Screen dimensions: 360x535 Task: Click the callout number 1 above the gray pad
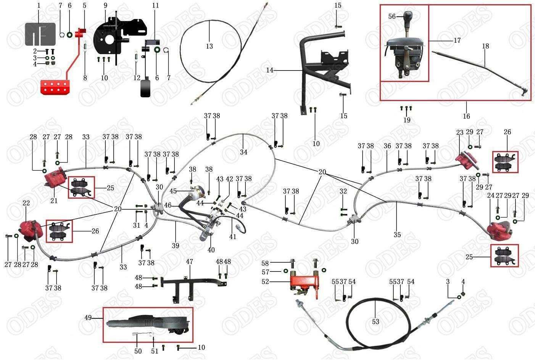pyautogui.click(x=39, y=5)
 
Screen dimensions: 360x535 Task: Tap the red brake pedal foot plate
pyautogui.click(x=55, y=87)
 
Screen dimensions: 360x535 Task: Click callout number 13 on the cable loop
pyautogui.click(x=209, y=46)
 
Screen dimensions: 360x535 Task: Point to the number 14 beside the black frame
pyautogui.click(x=270, y=70)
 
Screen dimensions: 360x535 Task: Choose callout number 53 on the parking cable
pyautogui.click(x=375, y=321)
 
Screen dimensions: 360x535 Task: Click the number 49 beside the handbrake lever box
pyautogui.click(x=88, y=318)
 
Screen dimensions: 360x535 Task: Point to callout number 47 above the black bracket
pyautogui.click(x=189, y=262)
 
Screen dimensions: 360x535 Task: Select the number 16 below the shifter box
pyautogui.click(x=466, y=116)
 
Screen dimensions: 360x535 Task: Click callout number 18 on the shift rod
pyautogui.click(x=485, y=46)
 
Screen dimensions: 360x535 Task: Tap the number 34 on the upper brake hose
pyautogui.click(x=243, y=152)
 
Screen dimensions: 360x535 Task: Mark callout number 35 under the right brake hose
pyautogui.click(x=397, y=235)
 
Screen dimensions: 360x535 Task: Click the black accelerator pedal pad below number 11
pyautogui.click(x=145, y=88)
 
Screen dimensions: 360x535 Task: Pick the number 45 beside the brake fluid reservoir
pyautogui.click(x=173, y=191)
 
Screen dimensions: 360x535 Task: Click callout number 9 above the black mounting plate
pyautogui.click(x=105, y=5)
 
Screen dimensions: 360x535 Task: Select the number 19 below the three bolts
pyautogui.click(x=407, y=120)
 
